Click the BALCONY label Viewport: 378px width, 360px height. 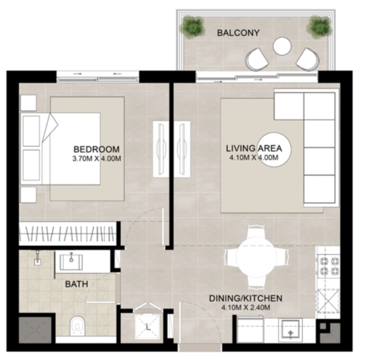238,33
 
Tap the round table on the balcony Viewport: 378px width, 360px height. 283,46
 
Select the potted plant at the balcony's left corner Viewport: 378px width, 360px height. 193,26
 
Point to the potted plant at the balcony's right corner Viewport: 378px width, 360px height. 319,26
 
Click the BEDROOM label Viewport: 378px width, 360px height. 96,149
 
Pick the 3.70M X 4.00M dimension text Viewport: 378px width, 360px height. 96,159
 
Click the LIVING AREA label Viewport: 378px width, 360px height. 254,148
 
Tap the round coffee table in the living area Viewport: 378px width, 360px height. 275,149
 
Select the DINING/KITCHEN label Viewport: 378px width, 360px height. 246,298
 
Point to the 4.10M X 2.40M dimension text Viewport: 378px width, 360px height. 246,308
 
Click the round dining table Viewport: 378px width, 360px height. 256,257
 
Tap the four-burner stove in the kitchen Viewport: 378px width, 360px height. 329,266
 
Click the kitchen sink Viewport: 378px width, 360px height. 290,330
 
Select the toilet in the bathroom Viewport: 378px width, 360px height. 78,326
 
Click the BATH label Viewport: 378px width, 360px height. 77,284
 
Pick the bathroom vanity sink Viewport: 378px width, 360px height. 71,262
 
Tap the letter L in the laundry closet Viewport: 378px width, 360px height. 148,327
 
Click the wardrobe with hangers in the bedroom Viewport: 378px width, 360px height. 68,233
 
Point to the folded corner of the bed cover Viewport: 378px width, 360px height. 50,128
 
